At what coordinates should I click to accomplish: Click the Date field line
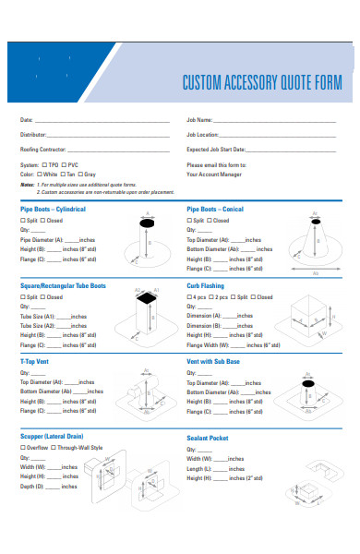(x=102, y=121)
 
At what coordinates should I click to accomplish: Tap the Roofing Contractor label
(x=43, y=149)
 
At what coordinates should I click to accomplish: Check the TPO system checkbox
(x=45, y=165)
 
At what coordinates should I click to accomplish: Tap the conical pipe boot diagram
(x=316, y=245)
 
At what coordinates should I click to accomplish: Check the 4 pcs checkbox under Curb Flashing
(x=189, y=297)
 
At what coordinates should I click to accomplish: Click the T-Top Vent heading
(x=36, y=361)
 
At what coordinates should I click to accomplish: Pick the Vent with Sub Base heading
(x=212, y=361)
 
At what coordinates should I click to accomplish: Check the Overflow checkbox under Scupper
(x=23, y=447)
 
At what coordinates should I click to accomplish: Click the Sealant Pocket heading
(x=207, y=438)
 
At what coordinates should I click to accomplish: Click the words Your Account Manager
(x=214, y=174)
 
